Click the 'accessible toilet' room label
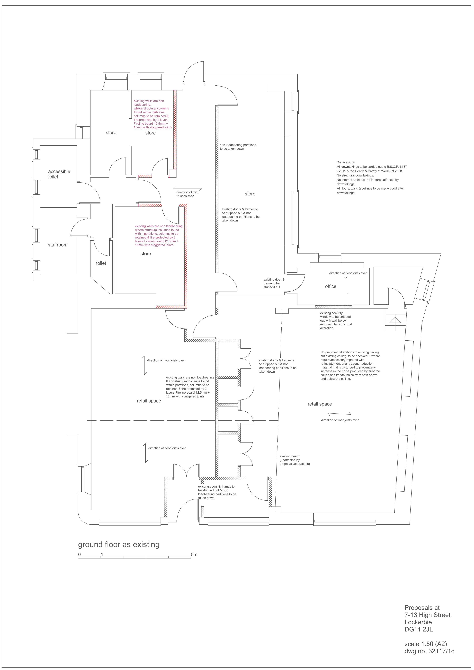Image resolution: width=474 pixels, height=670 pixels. (x=59, y=174)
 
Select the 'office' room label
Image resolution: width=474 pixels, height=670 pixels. (x=331, y=286)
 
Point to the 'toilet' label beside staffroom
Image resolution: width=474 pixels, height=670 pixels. (x=101, y=263)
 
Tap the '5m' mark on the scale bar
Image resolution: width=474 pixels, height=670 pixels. (x=194, y=555)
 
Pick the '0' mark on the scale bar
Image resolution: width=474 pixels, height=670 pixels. (x=79, y=555)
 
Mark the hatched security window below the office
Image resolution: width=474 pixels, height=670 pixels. (x=334, y=307)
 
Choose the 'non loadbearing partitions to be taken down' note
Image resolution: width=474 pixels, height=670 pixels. (x=238, y=147)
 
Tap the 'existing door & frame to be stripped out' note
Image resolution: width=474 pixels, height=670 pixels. (x=274, y=283)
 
